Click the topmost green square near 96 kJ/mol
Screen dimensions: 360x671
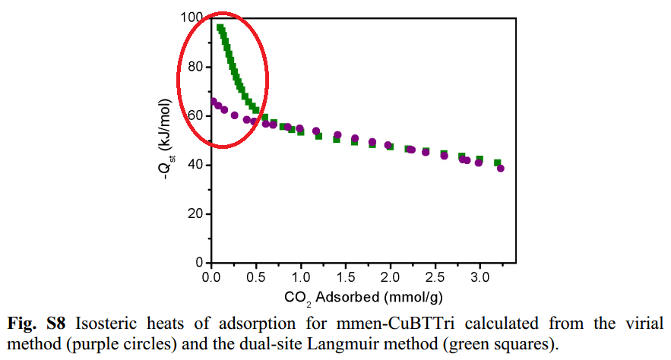(220, 28)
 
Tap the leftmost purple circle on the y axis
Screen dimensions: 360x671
(214, 102)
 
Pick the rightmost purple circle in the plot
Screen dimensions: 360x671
(501, 169)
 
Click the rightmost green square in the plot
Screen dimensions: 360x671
(498, 163)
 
